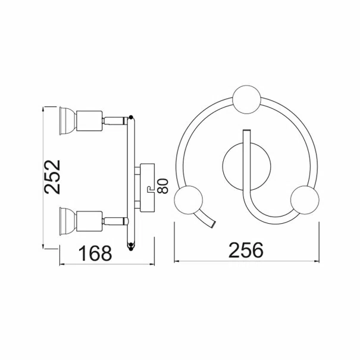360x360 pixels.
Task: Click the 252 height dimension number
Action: pos(52,177)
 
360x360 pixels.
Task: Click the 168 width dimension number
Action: pos(95,253)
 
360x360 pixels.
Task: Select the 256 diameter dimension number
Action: pos(246,249)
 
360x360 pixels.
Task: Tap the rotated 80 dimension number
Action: pos(164,186)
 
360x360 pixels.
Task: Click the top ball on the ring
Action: pos(246,99)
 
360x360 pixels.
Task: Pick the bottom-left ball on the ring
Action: pos(189,200)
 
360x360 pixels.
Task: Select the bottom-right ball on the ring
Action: pos(305,200)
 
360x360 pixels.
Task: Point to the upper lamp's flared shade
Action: pos(67,121)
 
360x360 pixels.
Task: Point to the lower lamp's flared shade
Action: pos(67,221)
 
